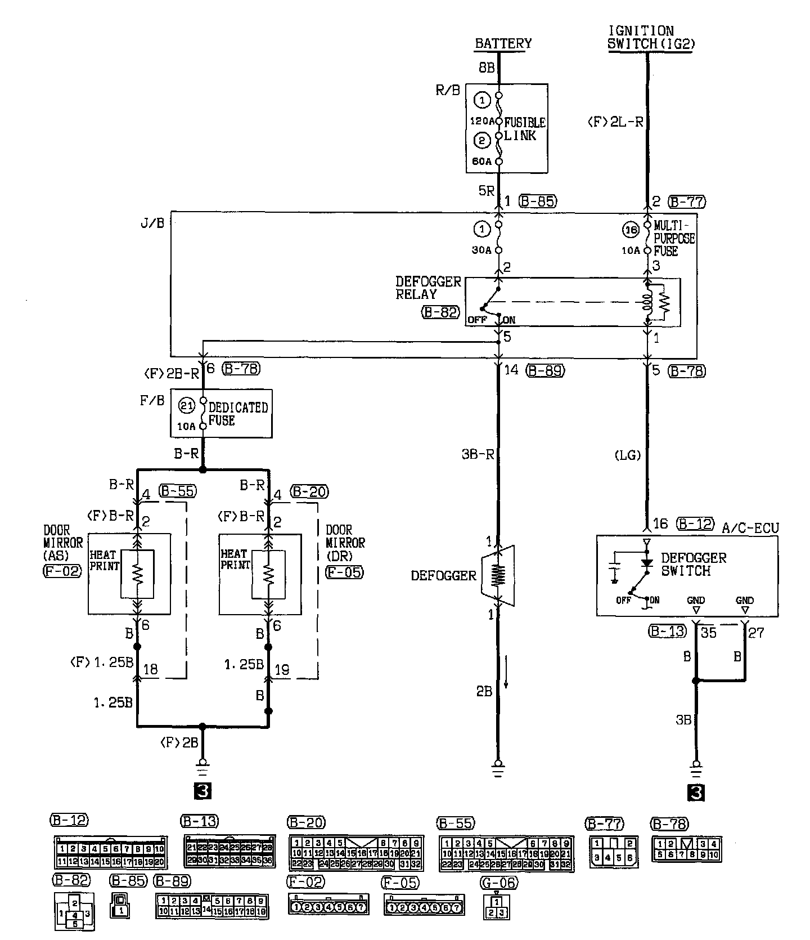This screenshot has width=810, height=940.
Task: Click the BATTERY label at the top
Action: coord(503,44)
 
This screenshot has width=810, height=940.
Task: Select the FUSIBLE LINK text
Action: coord(524,129)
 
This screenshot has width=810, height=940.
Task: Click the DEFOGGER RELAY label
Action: coord(429,288)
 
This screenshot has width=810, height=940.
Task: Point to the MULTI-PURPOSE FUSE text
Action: coord(674,238)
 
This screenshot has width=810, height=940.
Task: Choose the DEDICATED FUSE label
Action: coord(238,414)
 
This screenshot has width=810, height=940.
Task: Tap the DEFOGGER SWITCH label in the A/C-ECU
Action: coord(693,564)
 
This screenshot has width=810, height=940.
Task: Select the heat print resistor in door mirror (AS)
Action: coord(137,574)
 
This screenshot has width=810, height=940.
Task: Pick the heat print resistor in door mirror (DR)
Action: coord(269,574)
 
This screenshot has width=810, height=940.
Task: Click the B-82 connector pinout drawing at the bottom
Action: coord(74,911)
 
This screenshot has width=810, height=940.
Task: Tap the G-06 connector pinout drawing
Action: coord(496,906)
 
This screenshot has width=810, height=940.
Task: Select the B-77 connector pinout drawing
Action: coord(614,852)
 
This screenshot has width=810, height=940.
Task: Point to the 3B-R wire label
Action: coord(478,454)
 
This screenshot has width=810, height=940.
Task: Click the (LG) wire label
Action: coord(628,455)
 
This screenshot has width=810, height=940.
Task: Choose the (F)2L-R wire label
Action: coord(615,121)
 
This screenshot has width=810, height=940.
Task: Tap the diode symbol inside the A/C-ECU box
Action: coord(647,562)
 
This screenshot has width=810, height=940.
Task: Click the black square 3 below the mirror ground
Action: coord(202,791)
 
